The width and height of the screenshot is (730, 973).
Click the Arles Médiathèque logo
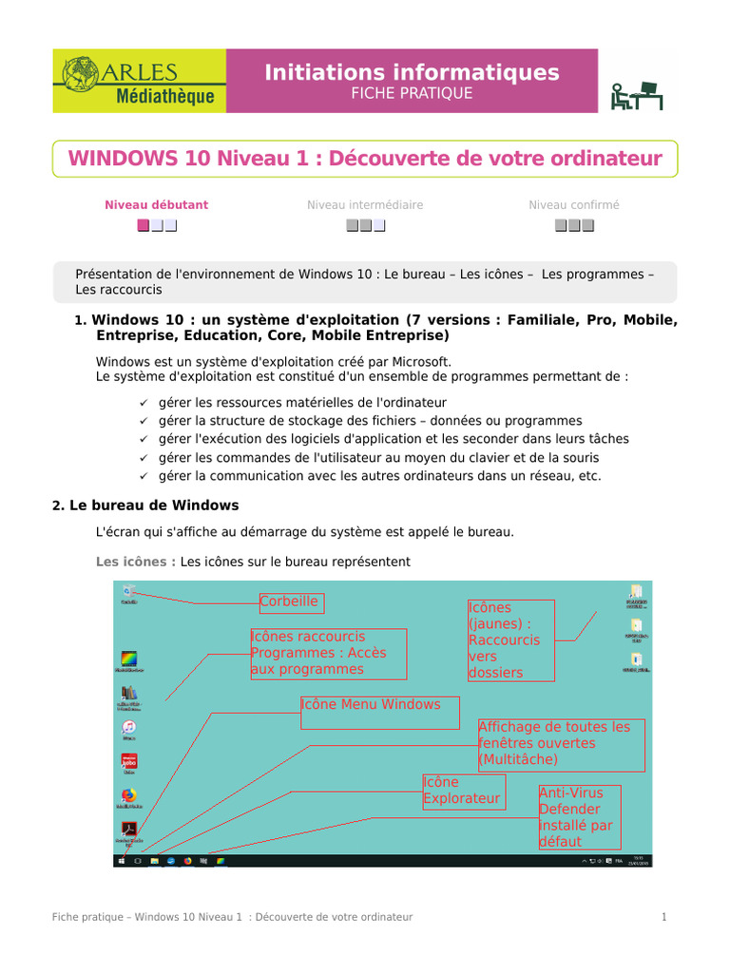tap(139, 82)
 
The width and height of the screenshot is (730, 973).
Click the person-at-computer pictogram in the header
tap(636, 95)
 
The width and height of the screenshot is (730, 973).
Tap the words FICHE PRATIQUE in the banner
tap(412, 93)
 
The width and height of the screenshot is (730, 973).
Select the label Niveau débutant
tap(156, 204)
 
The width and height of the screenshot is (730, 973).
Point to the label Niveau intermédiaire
tap(365, 204)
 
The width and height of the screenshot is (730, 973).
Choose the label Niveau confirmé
tap(573, 204)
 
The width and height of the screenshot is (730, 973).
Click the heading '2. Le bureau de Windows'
tap(145, 506)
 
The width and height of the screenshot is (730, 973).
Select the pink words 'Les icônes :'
tap(135, 562)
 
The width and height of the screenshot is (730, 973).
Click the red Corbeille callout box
tap(289, 601)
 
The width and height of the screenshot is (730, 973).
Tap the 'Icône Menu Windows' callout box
tap(379, 713)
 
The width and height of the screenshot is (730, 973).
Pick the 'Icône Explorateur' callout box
tap(462, 791)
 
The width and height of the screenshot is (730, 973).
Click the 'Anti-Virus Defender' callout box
tap(578, 817)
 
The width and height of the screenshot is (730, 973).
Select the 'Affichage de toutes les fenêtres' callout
tap(561, 744)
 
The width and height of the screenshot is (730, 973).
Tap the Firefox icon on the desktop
tap(128, 796)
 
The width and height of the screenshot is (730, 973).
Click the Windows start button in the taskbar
tap(121, 861)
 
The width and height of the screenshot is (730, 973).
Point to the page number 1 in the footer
tap(664, 917)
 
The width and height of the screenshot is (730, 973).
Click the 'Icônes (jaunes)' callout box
tap(510, 639)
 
